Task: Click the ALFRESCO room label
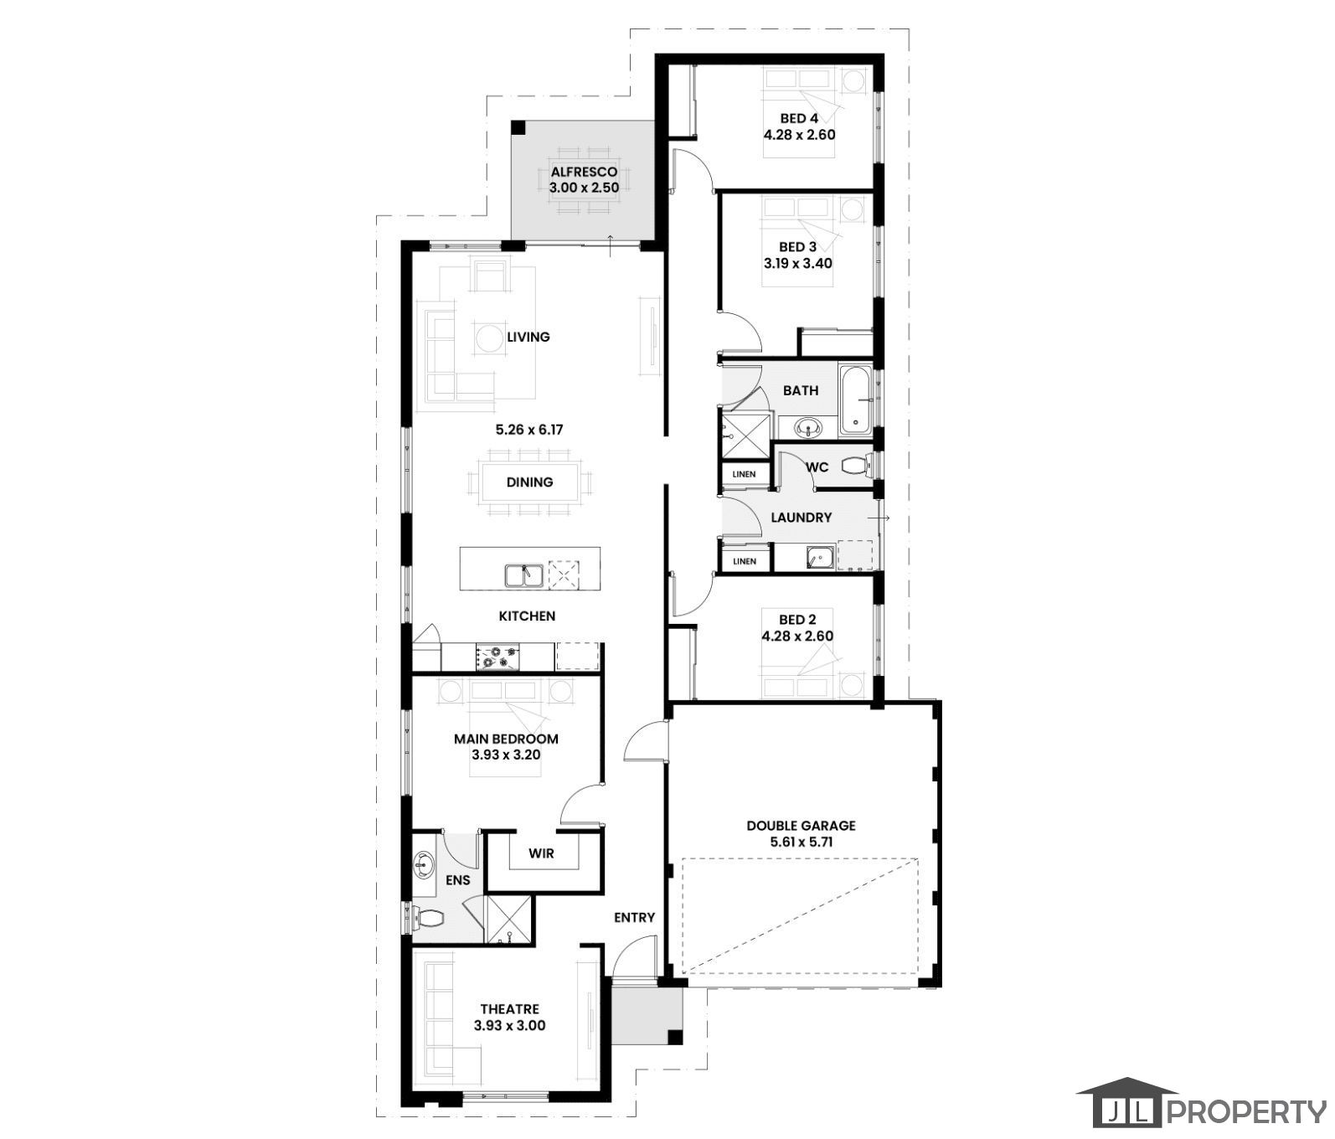(584, 173)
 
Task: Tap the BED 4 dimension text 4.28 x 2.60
(799, 134)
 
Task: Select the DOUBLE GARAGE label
(801, 826)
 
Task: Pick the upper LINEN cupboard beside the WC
(743, 475)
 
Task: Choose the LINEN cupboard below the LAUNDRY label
(743, 561)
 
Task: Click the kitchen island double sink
(524, 575)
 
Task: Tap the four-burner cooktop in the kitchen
(497, 656)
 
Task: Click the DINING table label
(529, 482)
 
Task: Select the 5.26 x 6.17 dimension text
(529, 430)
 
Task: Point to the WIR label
(541, 854)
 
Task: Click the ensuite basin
(424, 863)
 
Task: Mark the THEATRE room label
(509, 1009)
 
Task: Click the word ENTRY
(634, 918)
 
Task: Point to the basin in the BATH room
(808, 428)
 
